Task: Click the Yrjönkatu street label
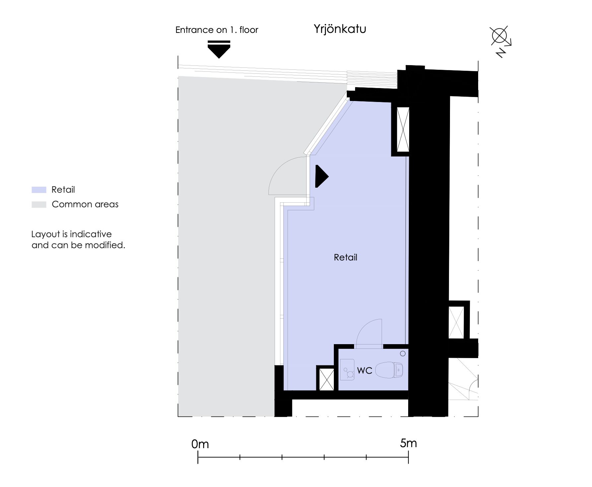coord(340,29)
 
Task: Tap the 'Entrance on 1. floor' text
coord(217,30)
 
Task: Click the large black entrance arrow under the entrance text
coord(219,49)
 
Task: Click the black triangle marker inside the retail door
coord(321,176)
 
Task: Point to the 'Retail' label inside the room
coord(345,257)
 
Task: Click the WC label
coord(365,370)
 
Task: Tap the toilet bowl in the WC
coord(389,370)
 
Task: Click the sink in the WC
coord(347,369)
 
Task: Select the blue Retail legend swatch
coord(39,190)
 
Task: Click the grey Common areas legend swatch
coord(39,204)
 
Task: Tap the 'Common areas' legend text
coord(85,204)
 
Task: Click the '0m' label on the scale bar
coord(200,444)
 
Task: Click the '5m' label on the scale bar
coord(408,443)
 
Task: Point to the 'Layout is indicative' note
coord(71,234)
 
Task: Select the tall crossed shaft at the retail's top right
coord(403,130)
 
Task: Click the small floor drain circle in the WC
coord(403,353)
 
